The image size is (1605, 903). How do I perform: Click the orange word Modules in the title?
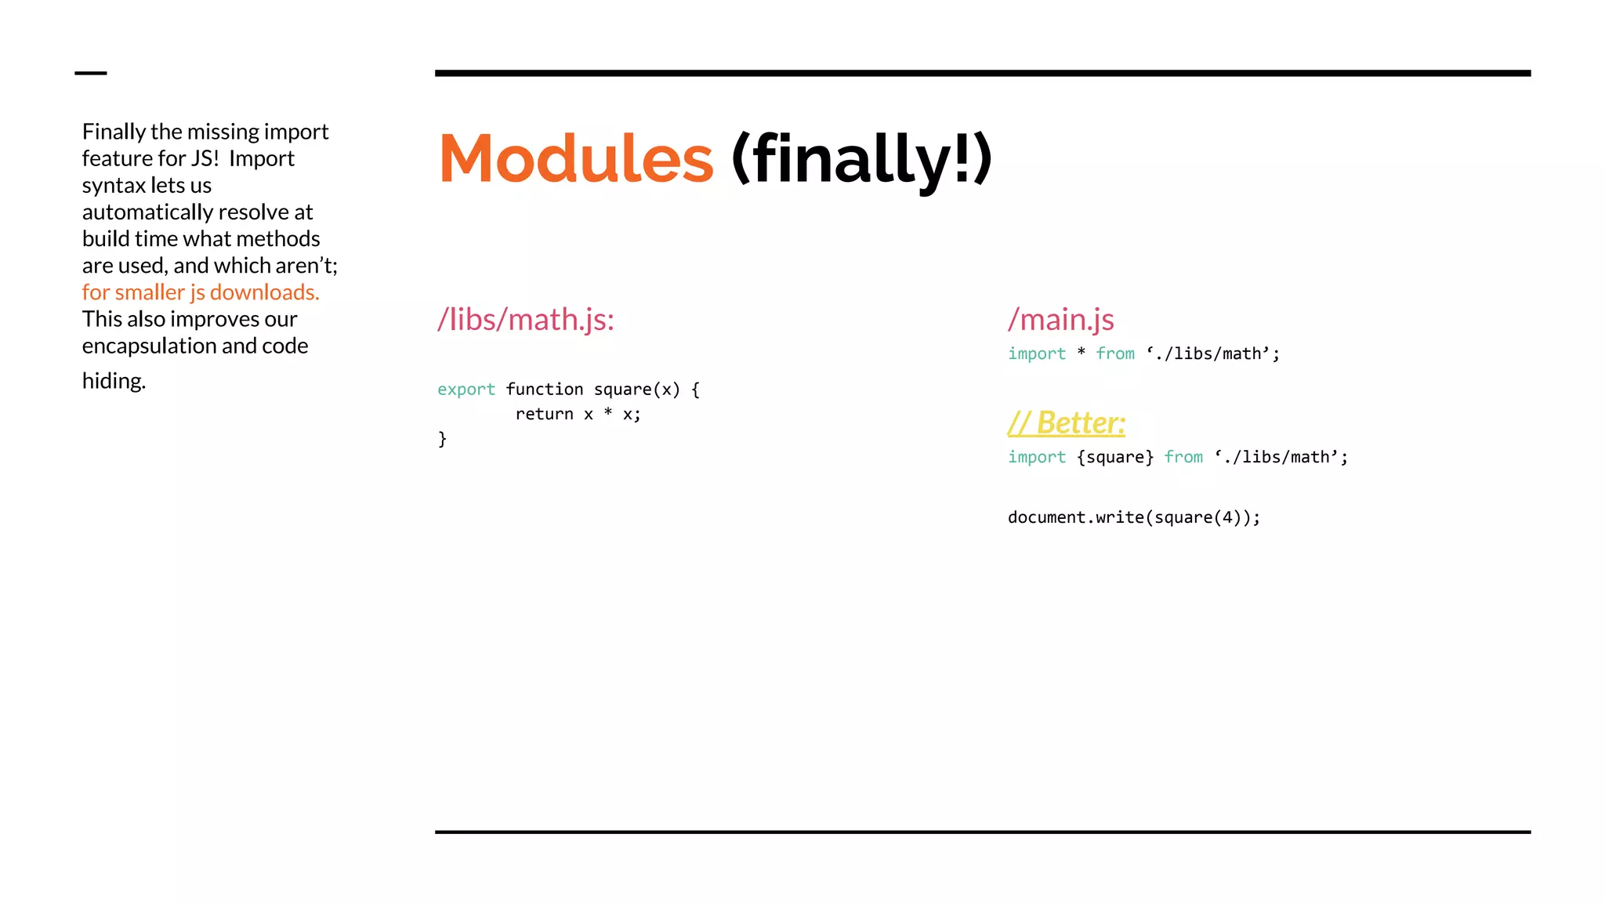pos(576,159)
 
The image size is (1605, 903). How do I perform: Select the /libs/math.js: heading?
pos(526,320)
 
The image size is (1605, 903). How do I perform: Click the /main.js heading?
pos(1060,320)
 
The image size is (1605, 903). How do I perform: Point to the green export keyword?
pos(466,390)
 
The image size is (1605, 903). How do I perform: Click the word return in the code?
pos(544,415)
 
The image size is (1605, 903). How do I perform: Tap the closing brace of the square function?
pos(442,439)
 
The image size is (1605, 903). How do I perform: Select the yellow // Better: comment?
pos(1066,423)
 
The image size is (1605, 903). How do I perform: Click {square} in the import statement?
pos(1114,457)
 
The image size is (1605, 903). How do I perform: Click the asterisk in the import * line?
pos(1081,353)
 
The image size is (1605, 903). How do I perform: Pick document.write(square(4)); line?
pos(1133,517)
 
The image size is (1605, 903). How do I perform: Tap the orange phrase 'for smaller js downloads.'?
pos(201,292)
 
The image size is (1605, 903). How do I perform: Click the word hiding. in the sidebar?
pos(114,381)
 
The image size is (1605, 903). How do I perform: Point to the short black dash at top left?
pos(91,73)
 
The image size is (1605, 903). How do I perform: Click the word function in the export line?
pos(544,390)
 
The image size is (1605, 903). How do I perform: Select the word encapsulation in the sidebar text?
pos(149,346)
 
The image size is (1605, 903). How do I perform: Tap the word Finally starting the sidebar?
pos(114,132)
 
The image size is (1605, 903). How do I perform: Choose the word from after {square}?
pos(1183,457)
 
